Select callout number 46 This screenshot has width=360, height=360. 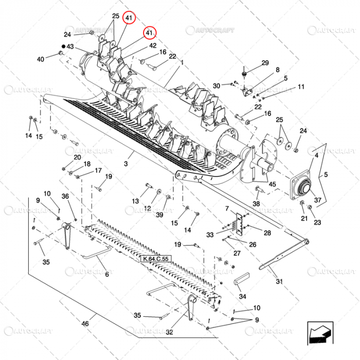click(x=85, y=323)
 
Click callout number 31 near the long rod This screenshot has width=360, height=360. click(x=279, y=281)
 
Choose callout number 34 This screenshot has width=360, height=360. click(x=242, y=296)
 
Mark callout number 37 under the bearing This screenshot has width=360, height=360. click(x=317, y=200)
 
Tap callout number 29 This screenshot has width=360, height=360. click(x=265, y=63)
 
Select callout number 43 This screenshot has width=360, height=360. click(x=70, y=47)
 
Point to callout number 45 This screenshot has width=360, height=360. click(x=272, y=185)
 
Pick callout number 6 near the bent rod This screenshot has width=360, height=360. click(x=106, y=275)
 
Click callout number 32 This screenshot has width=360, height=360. click(x=169, y=332)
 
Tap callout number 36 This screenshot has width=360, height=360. click(x=65, y=196)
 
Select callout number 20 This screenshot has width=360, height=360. click(x=78, y=157)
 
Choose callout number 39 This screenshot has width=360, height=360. click(x=159, y=214)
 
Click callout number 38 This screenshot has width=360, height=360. click(x=256, y=204)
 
